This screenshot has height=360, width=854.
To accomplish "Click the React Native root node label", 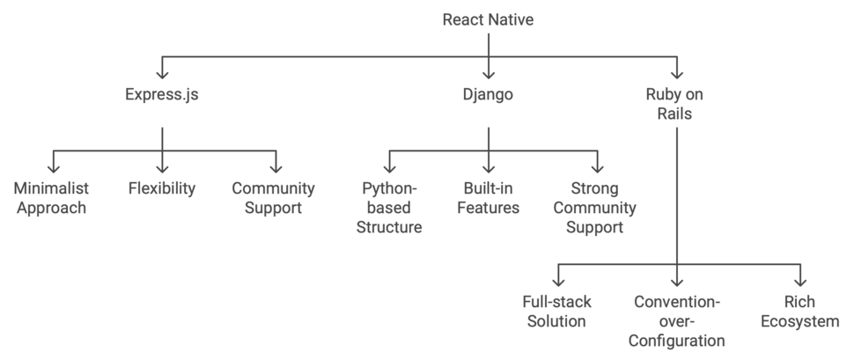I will click(x=489, y=18).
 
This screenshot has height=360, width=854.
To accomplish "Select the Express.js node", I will click(x=162, y=94).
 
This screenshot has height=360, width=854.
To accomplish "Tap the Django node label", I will click(x=489, y=94).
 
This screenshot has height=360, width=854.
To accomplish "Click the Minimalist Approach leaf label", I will click(x=50, y=198).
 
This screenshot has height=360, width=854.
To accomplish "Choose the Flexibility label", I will click(x=162, y=188).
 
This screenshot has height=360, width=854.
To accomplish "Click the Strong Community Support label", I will click(x=597, y=208).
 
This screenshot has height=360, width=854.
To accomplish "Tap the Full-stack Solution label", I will click(x=556, y=312).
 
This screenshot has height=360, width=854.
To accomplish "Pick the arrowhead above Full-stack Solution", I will click(x=556, y=281).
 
